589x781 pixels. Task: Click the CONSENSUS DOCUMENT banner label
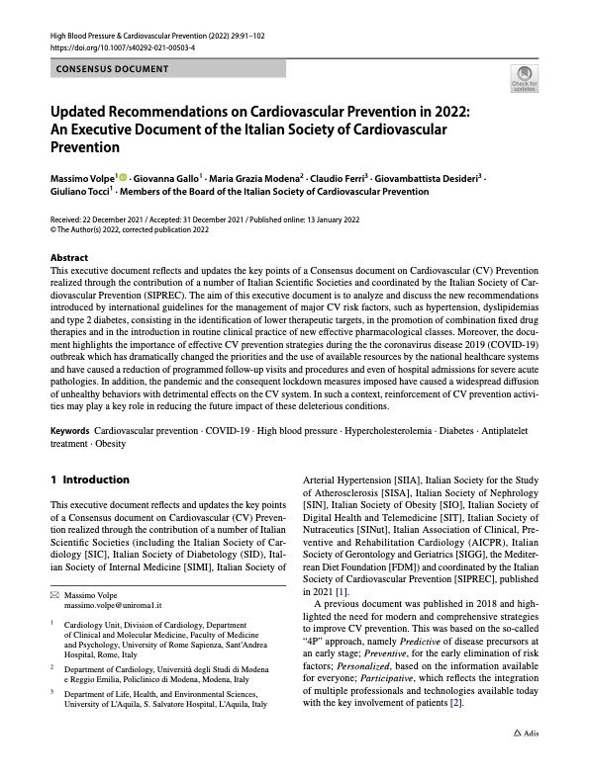click(x=112, y=69)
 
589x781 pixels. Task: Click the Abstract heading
click(x=68, y=256)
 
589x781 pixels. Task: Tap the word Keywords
click(x=71, y=433)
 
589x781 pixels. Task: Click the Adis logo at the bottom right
click(x=525, y=762)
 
